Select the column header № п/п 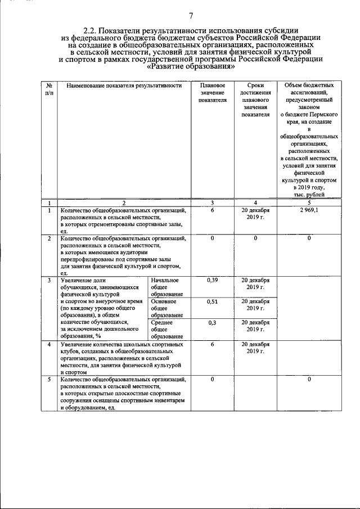click(x=49, y=89)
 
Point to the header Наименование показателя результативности click(x=124, y=85)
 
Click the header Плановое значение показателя click(x=212, y=92)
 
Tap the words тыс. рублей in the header click(x=308, y=195)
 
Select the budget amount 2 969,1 click(x=309, y=210)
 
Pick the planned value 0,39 click(x=212, y=280)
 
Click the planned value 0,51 click(x=212, y=301)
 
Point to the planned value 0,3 click(x=212, y=323)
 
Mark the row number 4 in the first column click(x=49, y=344)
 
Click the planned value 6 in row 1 click(x=212, y=210)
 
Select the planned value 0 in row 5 click(x=212, y=380)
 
